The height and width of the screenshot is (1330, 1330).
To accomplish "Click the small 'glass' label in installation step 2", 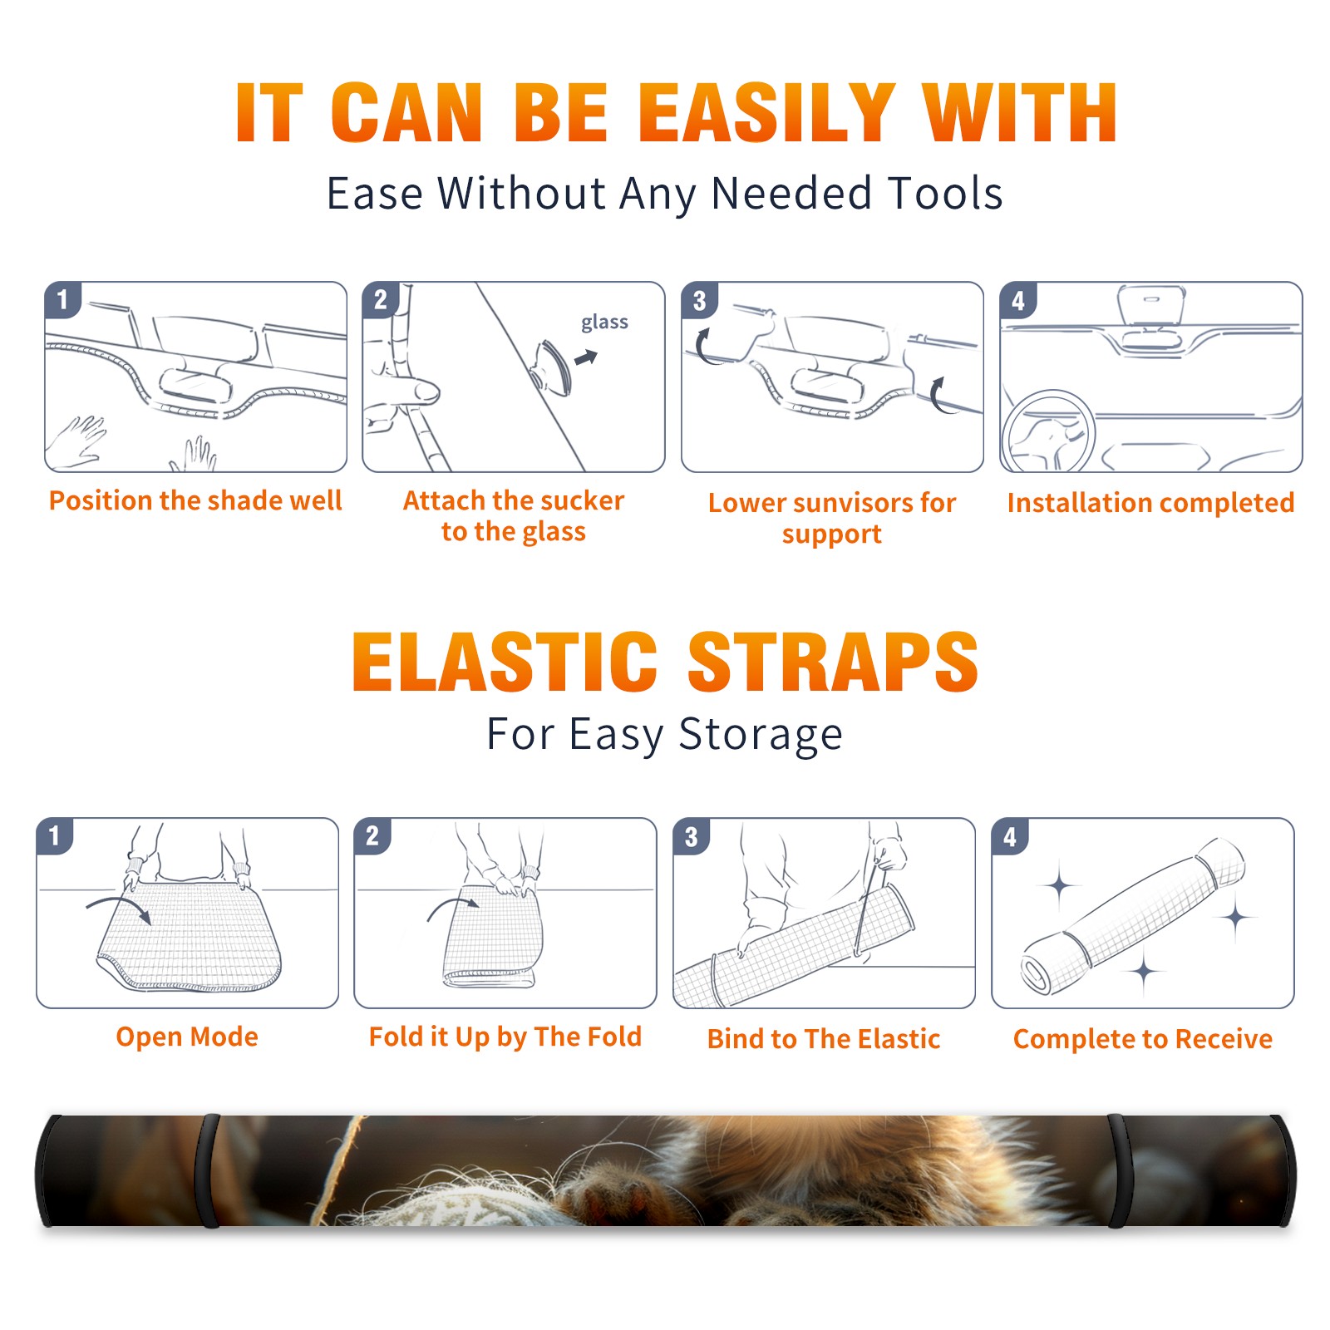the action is (x=604, y=323).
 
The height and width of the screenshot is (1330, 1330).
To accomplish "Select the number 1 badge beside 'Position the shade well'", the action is (x=62, y=298).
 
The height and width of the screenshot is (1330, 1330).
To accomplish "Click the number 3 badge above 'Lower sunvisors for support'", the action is (x=699, y=300).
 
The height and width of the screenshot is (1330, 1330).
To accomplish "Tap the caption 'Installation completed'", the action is (x=1150, y=502).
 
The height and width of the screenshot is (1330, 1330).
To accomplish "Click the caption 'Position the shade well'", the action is (x=195, y=500).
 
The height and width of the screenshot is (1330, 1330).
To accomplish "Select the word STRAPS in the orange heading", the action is (x=833, y=662).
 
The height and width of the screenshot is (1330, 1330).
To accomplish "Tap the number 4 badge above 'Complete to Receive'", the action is (x=1010, y=836).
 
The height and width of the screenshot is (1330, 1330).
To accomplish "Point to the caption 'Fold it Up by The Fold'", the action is (x=505, y=1037).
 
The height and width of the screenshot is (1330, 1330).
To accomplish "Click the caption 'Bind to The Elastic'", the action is (x=824, y=1039).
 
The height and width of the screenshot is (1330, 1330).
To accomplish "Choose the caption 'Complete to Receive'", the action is (x=1143, y=1039).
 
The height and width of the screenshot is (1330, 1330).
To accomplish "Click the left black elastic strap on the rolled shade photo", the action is (x=207, y=1170).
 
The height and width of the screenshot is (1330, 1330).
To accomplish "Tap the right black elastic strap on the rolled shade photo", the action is (x=1119, y=1170).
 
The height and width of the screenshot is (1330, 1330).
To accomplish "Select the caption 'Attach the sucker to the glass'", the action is (x=514, y=515).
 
